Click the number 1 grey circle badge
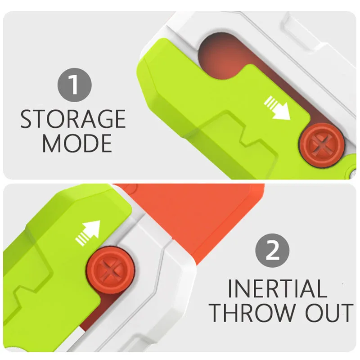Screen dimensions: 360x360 click(x=75, y=85)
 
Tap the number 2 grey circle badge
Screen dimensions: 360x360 click(x=272, y=251)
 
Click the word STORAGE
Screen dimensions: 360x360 click(x=73, y=119)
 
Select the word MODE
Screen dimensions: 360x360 click(x=77, y=143)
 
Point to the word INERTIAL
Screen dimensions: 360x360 click(x=277, y=288)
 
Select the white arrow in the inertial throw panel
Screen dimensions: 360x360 click(x=88, y=233)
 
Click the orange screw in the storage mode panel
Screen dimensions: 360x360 click(x=322, y=145)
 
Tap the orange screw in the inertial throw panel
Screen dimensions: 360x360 click(x=110, y=270)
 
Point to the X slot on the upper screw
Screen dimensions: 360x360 click(x=322, y=145)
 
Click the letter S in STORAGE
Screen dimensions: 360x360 click(x=27, y=119)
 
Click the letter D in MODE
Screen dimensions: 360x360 click(x=87, y=144)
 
